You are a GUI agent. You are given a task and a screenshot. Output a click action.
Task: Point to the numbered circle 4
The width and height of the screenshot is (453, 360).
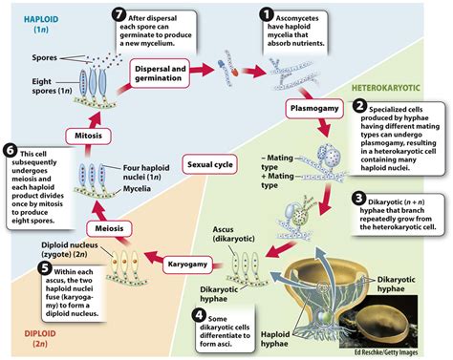(x=198, y=315)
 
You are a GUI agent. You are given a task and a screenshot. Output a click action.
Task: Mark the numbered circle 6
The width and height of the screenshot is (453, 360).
(x=11, y=151)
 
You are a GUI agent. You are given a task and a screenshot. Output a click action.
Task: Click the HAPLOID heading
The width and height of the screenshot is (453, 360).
(x=30, y=16)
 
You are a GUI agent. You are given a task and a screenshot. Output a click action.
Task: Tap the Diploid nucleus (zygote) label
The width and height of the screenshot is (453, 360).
(x=74, y=246)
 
